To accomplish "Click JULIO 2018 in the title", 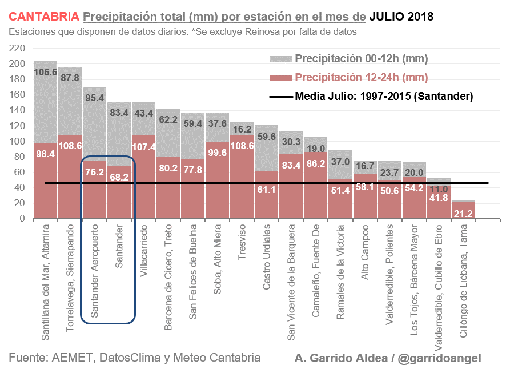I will click(401, 17).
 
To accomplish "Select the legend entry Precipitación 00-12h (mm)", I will click(361, 59).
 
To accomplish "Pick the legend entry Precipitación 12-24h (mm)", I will click(361, 78).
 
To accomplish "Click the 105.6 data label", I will click(46, 73).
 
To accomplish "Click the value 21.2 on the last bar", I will click(463, 214).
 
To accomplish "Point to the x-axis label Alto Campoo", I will click(365, 252).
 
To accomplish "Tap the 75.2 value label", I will click(95, 171).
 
